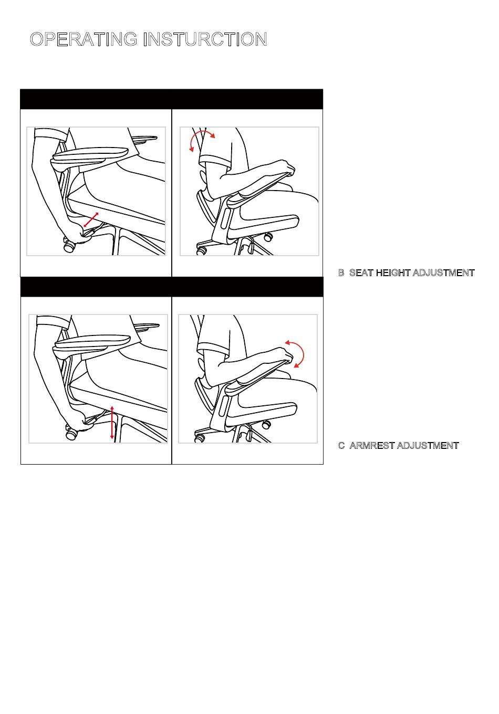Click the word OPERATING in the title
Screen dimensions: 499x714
point(84,39)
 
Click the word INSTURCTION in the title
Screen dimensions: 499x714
point(205,39)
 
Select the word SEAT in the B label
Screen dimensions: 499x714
point(361,273)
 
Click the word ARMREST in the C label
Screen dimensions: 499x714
point(372,445)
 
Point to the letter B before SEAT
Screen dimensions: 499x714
point(341,273)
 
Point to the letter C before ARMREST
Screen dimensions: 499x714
point(341,445)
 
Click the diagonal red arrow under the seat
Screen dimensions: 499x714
point(91,219)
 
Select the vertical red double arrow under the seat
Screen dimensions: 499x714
point(112,423)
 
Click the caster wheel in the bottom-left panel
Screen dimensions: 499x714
point(71,434)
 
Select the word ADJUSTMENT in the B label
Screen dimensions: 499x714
point(444,273)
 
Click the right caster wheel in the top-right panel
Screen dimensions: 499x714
point(269,236)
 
